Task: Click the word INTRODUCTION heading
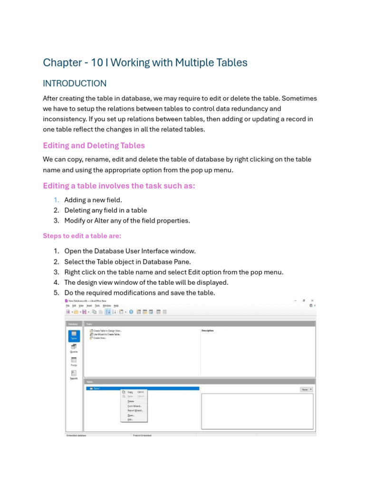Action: pos(75,84)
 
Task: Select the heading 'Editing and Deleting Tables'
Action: pos(94,145)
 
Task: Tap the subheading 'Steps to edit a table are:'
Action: pos(82,236)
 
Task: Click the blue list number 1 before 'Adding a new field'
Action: pos(56,200)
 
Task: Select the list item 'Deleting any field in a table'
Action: pos(106,210)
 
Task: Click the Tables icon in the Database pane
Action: pos(74,335)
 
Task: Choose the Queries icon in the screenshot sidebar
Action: pos(74,348)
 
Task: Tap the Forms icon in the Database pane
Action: pos(74,362)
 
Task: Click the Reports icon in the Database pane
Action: pos(74,375)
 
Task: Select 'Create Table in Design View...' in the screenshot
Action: pos(107,330)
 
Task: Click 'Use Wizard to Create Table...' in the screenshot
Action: pos(107,334)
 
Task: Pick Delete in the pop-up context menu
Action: pos(131,402)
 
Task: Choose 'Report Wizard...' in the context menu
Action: pos(134,411)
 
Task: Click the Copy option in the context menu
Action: pos(130,392)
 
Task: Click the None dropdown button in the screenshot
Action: pos(306,389)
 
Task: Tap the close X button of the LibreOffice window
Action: pos(312,301)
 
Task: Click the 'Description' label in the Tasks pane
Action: pos(208,330)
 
